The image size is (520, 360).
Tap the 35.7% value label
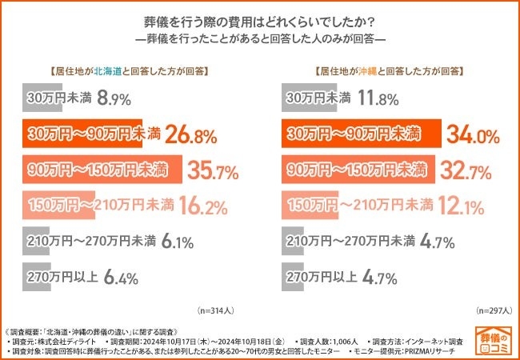tap(213, 170)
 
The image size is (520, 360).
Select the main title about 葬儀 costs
tap(260, 20)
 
